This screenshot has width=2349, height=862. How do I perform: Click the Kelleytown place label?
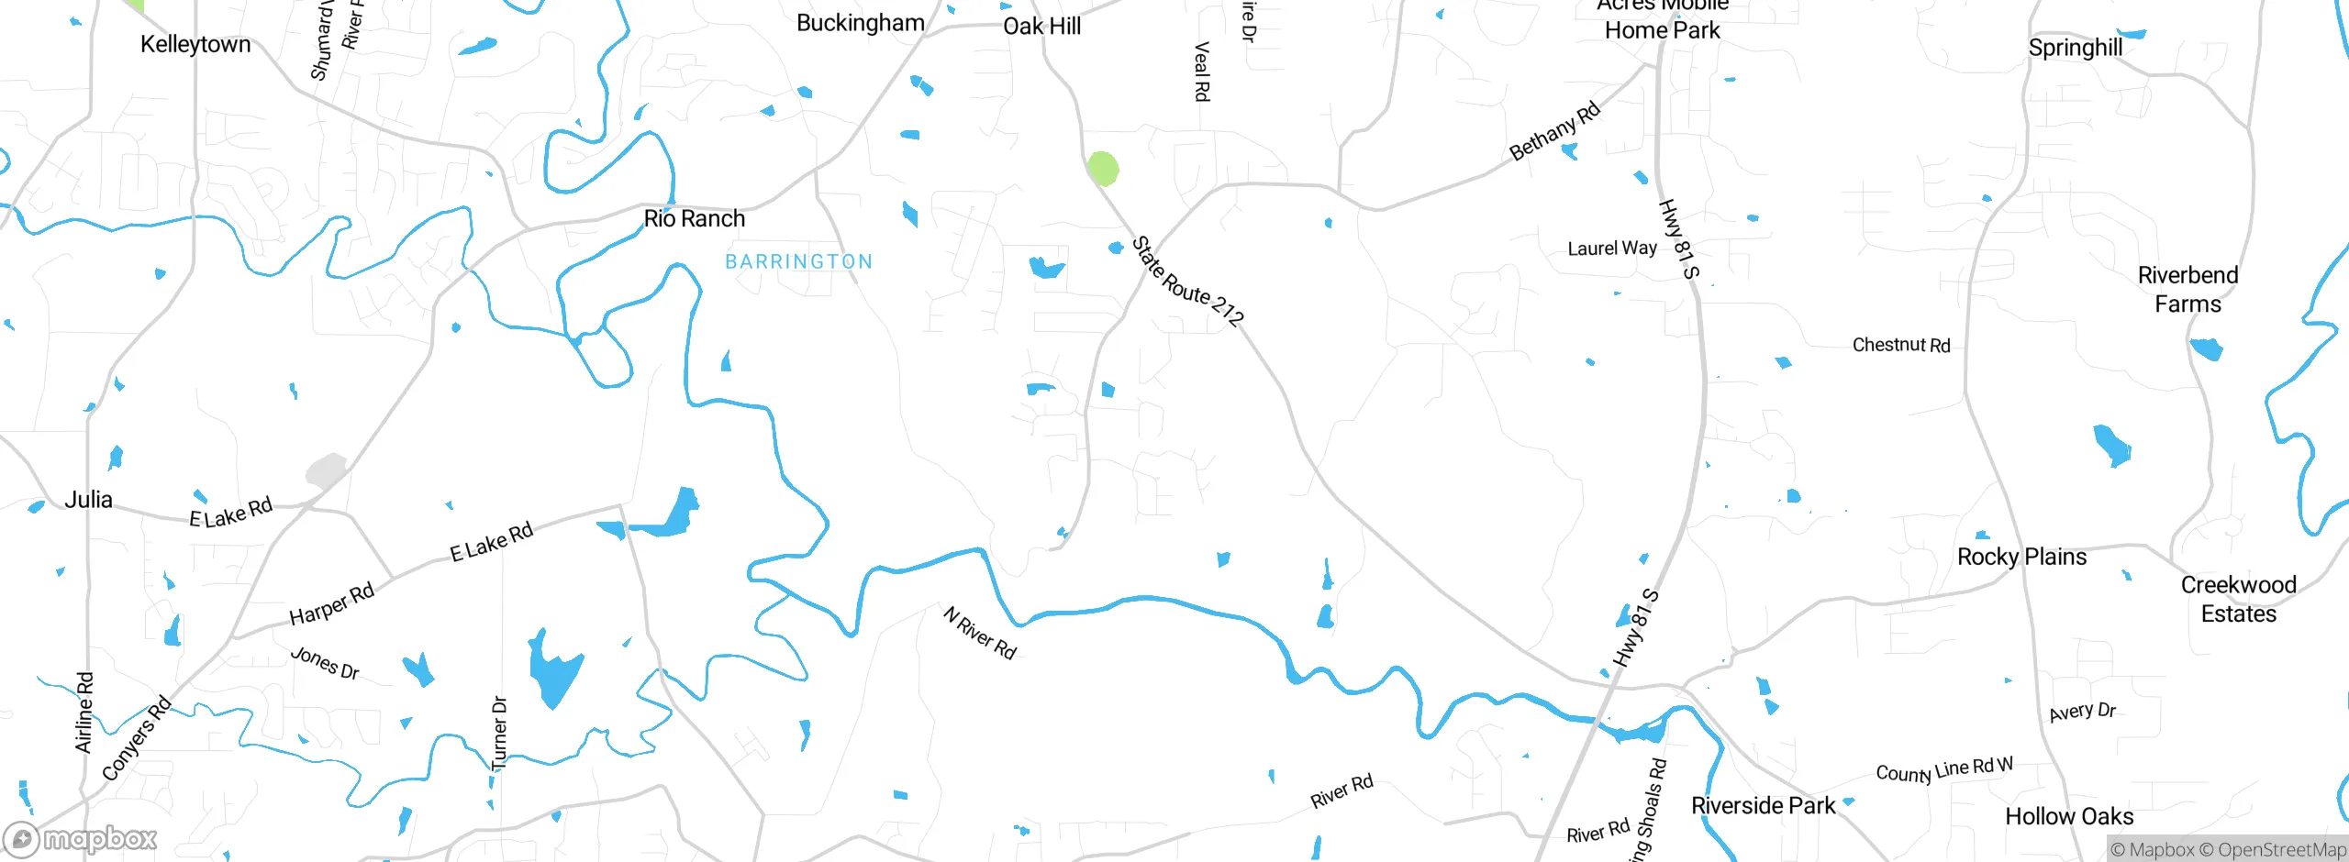(195, 44)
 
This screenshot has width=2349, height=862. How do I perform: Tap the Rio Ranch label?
(694, 218)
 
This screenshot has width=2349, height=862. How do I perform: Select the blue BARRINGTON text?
(798, 262)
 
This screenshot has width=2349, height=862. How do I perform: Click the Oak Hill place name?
(1041, 26)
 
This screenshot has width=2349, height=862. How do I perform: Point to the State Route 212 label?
(1187, 282)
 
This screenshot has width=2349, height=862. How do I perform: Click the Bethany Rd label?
(1554, 131)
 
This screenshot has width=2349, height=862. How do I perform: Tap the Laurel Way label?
(1611, 249)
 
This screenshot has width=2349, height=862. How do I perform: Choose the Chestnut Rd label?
(1900, 345)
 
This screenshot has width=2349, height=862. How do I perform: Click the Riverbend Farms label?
(2188, 289)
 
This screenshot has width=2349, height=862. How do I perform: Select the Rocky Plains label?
(2021, 557)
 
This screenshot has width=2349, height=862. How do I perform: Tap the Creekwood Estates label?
(2238, 599)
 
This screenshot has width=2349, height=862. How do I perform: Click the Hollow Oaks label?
(2068, 816)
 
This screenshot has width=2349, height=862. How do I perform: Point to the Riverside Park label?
(1763, 805)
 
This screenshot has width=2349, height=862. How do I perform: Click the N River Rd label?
(980, 633)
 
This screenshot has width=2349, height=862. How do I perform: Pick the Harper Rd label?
(331, 603)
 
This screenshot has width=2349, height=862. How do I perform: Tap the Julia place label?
(88, 500)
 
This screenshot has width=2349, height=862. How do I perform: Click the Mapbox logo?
(81, 839)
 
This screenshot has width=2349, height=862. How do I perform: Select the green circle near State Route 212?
(1103, 169)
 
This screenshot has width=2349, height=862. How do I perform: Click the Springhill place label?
(2075, 47)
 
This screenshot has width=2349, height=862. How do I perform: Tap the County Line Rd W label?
(1943, 769)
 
